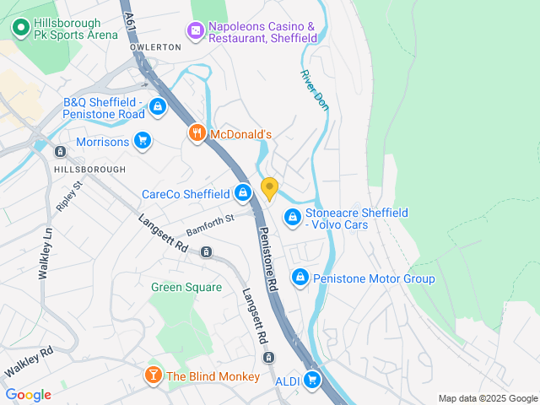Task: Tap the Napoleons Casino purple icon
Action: [196, 31]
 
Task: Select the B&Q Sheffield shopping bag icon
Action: [157, 107]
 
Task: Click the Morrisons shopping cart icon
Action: [143, 141]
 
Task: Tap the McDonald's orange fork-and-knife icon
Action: [197, 133]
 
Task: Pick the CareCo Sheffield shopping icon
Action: [243, 193]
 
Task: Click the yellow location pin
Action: [269, 188]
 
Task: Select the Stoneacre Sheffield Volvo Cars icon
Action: [292, 218]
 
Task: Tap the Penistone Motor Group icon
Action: [300, 277]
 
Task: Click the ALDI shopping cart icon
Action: [312, 381]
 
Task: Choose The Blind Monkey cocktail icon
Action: [154, 375]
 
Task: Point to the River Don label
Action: [314, 89]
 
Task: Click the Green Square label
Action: [186, 287]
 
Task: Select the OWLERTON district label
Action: [155, 47]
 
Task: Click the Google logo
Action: [28, 394]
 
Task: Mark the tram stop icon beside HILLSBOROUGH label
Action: [60, 152]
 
